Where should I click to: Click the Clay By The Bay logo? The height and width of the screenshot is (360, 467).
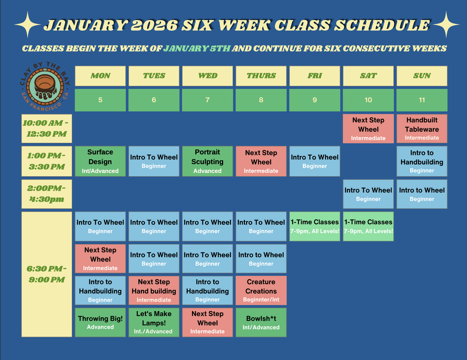pos(45,87)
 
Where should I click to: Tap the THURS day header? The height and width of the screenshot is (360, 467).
pos(261,76)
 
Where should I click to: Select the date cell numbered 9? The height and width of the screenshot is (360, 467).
pos(315,100)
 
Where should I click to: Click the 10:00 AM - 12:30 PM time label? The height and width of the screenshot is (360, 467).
pos(47,128)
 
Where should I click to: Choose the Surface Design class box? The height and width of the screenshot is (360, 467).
pos(100,161)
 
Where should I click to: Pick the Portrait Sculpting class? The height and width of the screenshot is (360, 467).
pos(208,161)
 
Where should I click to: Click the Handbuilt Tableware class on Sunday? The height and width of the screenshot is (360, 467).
pos(422,129)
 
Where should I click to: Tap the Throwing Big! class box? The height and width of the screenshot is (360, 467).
pos(100,322)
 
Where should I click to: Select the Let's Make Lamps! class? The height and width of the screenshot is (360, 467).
pos(154,322)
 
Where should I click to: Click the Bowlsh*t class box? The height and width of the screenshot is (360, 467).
pos(261,322)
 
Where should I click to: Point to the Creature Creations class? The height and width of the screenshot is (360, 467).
pos(261,290)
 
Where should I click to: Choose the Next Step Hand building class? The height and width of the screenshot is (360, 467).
pos(154,290)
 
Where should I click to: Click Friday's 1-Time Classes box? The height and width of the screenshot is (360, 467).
pos(315,226)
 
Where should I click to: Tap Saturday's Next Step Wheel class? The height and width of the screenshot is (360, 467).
pos(368,129)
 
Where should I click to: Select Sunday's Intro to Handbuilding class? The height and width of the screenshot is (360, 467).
pos(422,161)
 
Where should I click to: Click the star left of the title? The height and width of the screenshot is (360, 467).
pos(27,25)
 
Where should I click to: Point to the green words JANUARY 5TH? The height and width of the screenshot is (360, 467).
pos(197,48)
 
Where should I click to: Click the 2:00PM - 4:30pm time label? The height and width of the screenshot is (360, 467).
pos(47,194)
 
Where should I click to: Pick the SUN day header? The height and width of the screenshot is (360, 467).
pos(422,76)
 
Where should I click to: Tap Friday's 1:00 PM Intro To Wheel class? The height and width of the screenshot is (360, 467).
pos(315,161)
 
